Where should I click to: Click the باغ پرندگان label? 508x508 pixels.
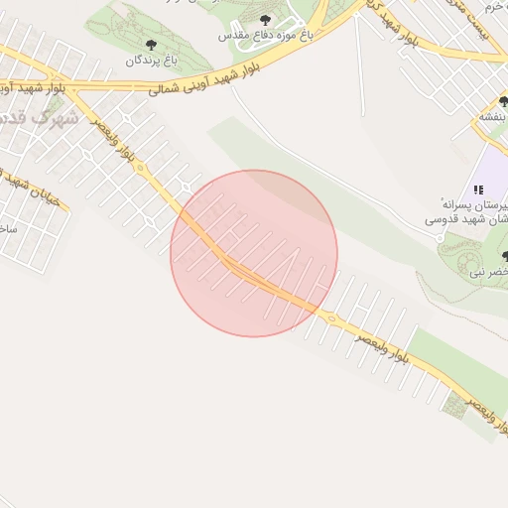click(x=150, y=61)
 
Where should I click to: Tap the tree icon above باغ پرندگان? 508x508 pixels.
click(x=151, y=45)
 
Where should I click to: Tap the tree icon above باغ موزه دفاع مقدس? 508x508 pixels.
click(x=265, y=19)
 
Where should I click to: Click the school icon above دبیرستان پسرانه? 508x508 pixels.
click(x=478, y=190)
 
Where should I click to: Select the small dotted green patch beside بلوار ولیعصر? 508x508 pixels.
click(x=456, y=402)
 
